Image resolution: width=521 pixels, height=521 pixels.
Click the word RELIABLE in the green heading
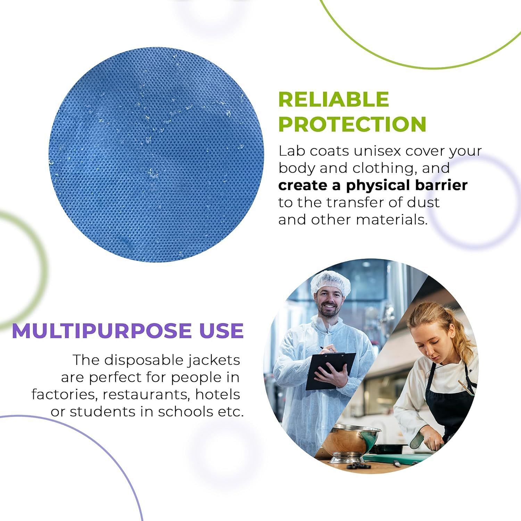333,99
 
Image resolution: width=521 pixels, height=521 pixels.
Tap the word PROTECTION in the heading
352,124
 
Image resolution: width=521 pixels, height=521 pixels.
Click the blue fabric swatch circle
156,155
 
